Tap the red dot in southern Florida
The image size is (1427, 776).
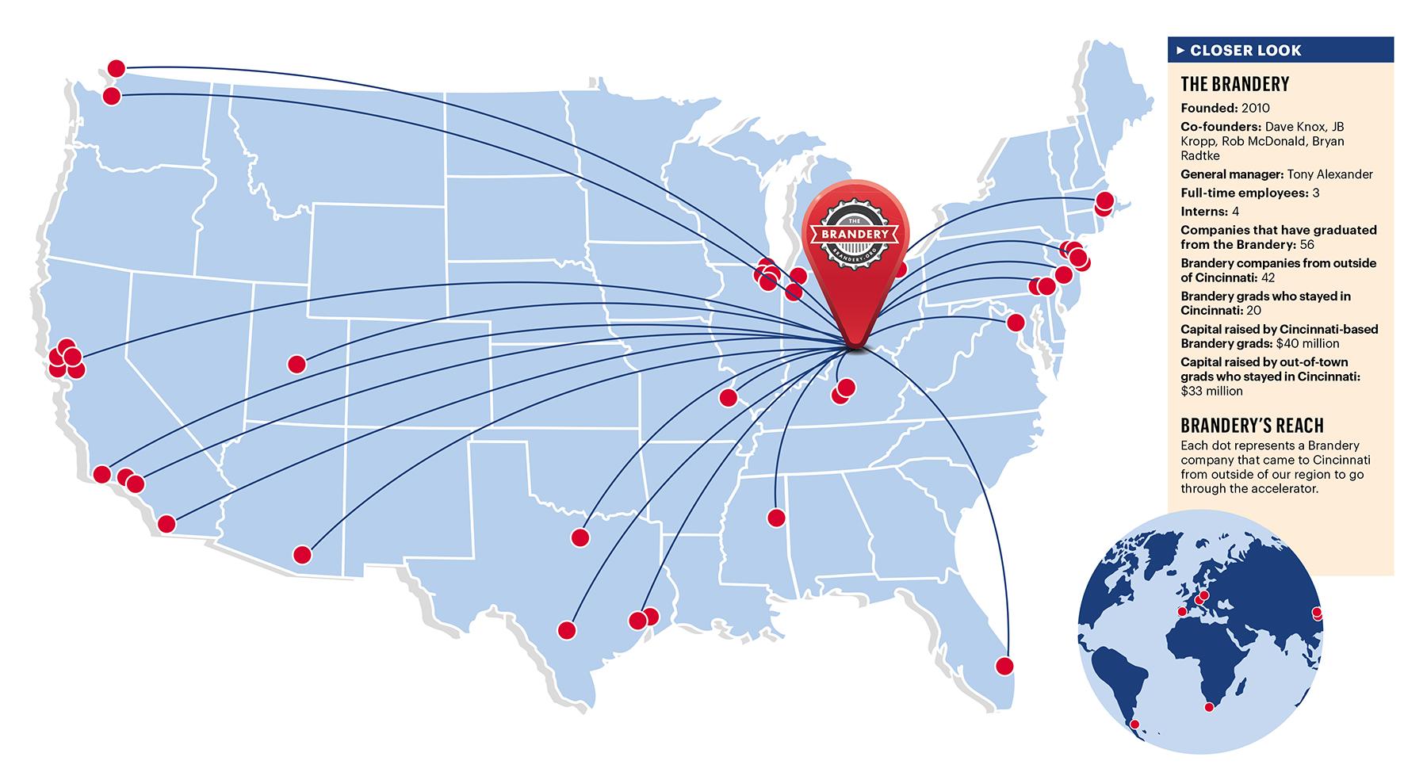coord(1004,665)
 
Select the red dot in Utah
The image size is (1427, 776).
coord(296,364)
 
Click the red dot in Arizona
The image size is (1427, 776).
coord(302,554)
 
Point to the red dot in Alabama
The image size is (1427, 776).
coord(776,518)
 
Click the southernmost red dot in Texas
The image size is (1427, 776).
coord(566,630)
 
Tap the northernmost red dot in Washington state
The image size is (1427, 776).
coord(117,68)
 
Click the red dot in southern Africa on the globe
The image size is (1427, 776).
coord(1209,707)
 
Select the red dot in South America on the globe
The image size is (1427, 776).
coord(1134,724)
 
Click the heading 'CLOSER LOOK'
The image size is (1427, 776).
coord(1245,51)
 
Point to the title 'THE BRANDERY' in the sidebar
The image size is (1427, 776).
coord(1234,84)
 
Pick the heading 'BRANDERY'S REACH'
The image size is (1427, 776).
coord(1252,426)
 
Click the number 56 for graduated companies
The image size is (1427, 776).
coord(1307,244)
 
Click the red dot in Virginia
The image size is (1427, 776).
coord(1015,322)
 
